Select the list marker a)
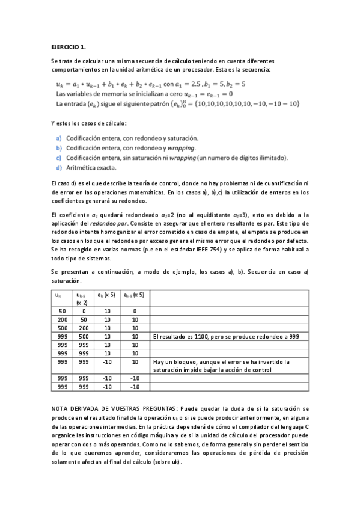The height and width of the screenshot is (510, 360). (x=59, y=138)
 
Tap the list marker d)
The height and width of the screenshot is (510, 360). (x=59, y=167)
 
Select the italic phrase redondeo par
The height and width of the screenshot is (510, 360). (x=140, y=223)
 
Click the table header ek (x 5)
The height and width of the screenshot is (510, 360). (x=108, y=295)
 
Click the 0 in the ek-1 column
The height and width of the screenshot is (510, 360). (x=135, y=311)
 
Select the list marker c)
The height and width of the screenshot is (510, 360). (x=59, y=158)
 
